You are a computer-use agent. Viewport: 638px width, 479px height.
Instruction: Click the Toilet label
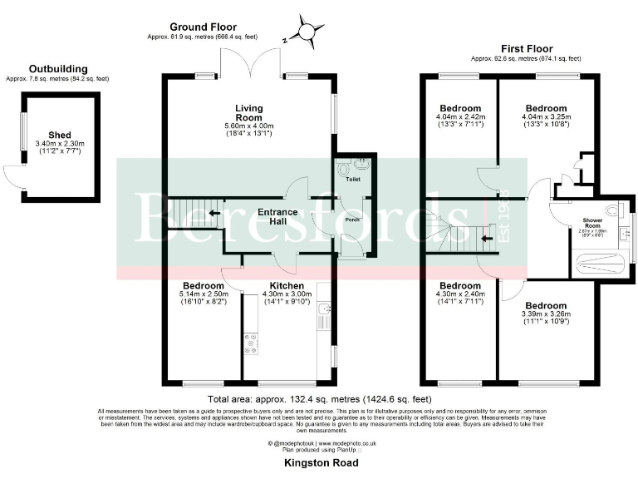(353, 177)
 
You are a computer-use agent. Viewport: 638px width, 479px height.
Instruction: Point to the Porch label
(352, 221)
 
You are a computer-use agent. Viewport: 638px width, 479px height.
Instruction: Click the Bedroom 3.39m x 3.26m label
(545, 305)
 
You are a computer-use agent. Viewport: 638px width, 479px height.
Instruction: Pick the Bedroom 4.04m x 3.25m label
(546, 109)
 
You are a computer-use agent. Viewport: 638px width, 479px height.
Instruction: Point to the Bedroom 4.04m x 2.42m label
(460, 109)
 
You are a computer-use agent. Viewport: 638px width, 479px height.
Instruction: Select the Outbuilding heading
(56, 69)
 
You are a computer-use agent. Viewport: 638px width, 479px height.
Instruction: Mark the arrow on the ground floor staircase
(213, 213)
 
